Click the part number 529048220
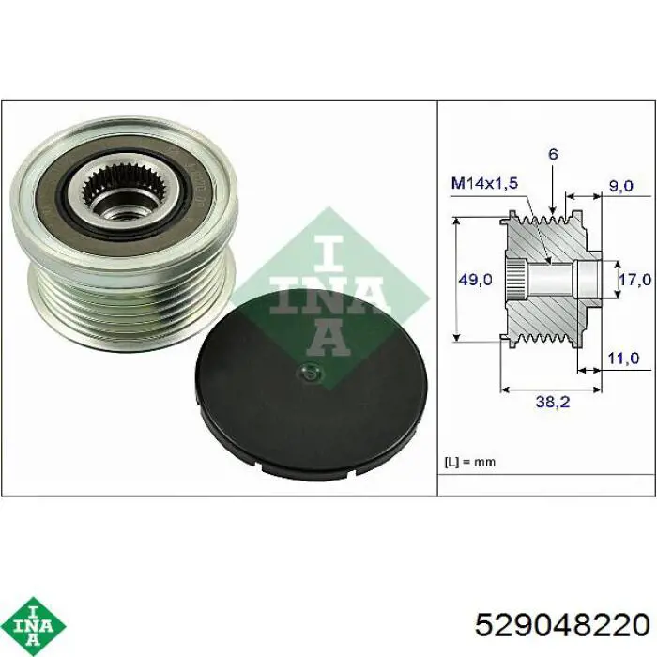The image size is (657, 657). click(x=562, y=626)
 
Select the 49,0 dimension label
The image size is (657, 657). click(x=475, y=279)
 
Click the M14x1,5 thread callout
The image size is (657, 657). click(x=484, y=183)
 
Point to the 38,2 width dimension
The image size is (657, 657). click(x=553, y=402)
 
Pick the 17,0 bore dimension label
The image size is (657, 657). click(x=635, y=279)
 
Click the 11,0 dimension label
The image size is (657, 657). click(x=623, y=358)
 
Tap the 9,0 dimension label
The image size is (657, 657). click(x=620, y=185)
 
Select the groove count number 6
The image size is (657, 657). click(x=553, y=154)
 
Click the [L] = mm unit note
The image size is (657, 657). click(x=469, y=462)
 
